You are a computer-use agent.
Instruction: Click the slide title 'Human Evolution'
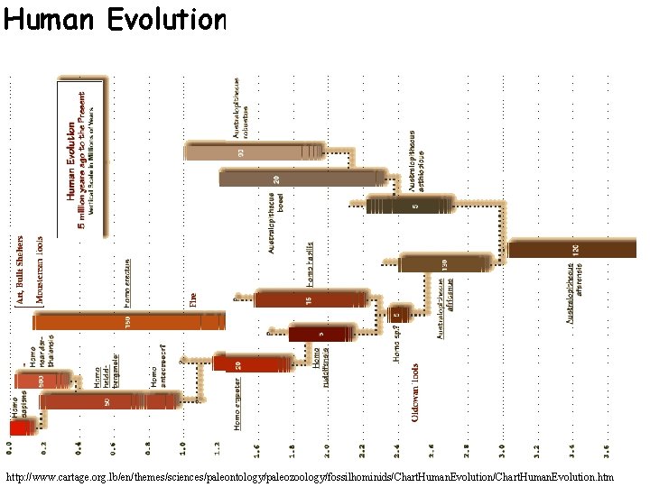(115, 20)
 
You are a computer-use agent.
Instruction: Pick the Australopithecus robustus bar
(254, 152)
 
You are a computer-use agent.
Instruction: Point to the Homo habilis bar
(311, 299)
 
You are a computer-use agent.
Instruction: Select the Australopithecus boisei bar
(298, 178)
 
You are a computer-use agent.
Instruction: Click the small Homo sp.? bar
(400, 313)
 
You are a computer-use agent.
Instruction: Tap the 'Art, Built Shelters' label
(20, 270)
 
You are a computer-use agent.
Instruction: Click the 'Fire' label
(192, 299)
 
